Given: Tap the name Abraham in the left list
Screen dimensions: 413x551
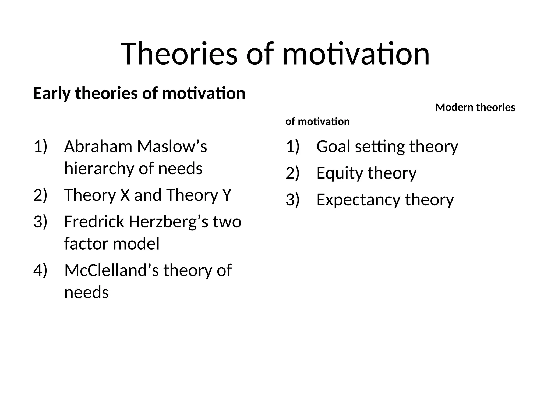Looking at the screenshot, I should click(98, 147).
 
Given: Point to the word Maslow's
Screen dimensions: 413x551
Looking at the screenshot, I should click(172, 147).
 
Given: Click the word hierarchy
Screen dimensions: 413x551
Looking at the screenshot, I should click(99, 169).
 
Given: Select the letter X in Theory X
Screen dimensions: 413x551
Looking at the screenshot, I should click(125, 195).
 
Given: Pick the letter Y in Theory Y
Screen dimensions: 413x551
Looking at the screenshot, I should click(227, 195).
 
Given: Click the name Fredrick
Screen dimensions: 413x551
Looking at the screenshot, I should click(94, 222).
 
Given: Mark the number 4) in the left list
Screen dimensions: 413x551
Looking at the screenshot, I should click(40, 270).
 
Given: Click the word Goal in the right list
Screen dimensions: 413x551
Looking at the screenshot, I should click(333, 147).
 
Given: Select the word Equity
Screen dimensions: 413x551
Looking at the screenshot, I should click(340, 173).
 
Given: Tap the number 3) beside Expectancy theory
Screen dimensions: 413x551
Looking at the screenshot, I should click(292, 200).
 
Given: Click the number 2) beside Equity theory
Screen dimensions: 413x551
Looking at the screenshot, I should click(292, 173).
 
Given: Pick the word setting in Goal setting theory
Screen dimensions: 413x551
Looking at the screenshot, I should click(380, 147).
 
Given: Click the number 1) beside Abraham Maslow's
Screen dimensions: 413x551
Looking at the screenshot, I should click(40, 147).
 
